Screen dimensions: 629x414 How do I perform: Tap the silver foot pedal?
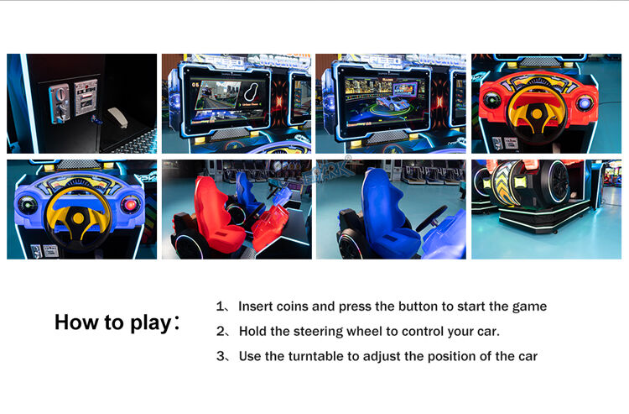(118, 117)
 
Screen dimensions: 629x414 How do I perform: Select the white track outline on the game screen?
(251, 92)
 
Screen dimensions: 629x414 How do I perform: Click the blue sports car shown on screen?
(392, 102)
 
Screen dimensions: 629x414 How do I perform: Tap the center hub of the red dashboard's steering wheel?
(537, 113)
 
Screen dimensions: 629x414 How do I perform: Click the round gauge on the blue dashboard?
(27, 205)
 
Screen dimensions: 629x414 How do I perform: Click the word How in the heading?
(76, 322)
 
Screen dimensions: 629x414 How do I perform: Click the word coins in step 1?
(292, 307)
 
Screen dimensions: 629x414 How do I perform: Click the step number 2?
(221, 331)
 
